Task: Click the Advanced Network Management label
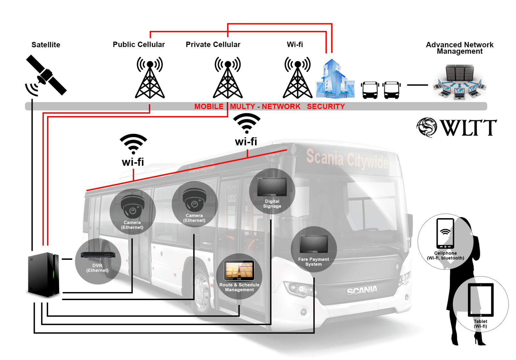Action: tap(460, 48)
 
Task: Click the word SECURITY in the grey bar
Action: tap(326, 107)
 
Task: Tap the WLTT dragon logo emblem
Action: tap(426, 127)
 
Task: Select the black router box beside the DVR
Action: tap(44, 274)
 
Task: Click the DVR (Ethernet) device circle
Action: tap(98, 261)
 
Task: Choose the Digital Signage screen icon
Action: tap(272, 187)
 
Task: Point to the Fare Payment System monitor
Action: tap(313, 244)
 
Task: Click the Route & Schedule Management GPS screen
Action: tap(239, 270)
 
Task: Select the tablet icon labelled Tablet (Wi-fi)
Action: tap(481, 300)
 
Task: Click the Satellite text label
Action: tap(46, 45)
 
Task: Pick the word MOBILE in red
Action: tap(209, 107)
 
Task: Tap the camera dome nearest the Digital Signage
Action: tap(194, 200)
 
